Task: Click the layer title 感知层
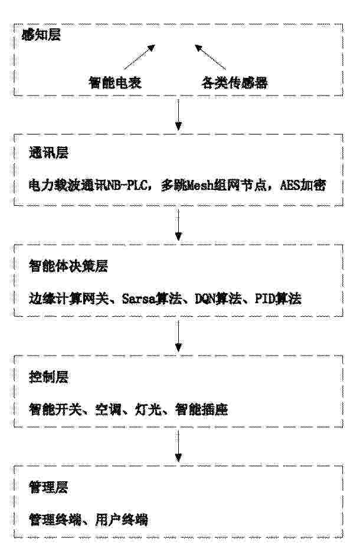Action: click(x=41, y=35)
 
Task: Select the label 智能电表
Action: click(x=115, y=83)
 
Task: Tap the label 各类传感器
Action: click(x=234, y=83)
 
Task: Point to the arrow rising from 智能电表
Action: click(x=139, y=57)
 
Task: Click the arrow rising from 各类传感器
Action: click(x=210, y=57)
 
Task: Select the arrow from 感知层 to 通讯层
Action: click(x=179, y=114)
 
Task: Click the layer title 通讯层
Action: click(x=48, y=153)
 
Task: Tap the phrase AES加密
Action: click(x=303, y=185)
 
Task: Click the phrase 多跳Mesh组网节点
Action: click(x=214, y=185)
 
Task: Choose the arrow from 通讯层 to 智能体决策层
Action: click(x=179, y=225)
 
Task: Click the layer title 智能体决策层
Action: click(x=68, y=266)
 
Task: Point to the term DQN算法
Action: click(x=218, y=299)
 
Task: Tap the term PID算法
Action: click(x=278, y=299)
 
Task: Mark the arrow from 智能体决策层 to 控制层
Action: click(x=179, y=336)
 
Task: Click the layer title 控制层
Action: click(x=48, y=377)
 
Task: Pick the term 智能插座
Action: click(x=202, y=409)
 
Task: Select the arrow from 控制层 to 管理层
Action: click(x=179, y=446)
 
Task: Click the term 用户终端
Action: click(x=122, y=520)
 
